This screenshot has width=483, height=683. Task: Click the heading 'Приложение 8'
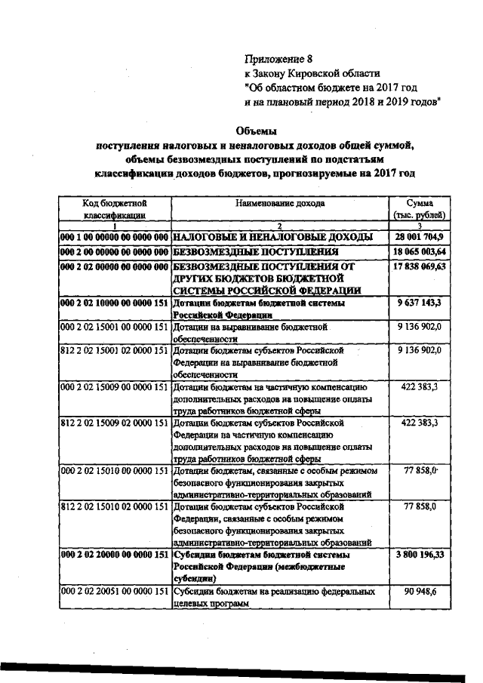pos(277,59)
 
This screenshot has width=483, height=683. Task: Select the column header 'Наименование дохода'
pos(279,204)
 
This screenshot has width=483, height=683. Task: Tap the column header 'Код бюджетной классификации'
pos(115,209)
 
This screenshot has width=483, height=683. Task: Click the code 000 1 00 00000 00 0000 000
pos(115,237)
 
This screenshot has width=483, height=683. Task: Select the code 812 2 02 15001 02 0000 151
pos(115,351)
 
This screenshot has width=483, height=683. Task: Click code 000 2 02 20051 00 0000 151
pos(115,592)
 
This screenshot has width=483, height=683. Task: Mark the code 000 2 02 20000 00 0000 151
pos(115,554)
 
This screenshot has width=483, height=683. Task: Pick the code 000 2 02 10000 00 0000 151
pos(115,303)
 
